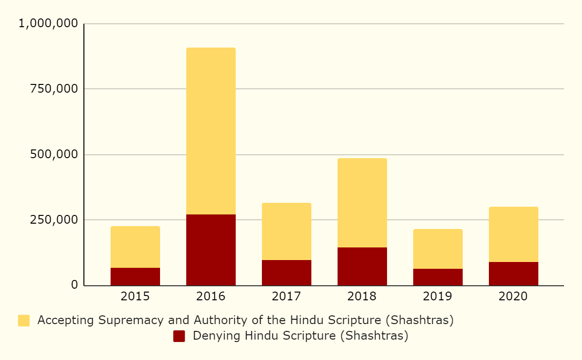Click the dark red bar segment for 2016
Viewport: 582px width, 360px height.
coord(211,250)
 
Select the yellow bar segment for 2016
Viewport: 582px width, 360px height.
coord(211,131)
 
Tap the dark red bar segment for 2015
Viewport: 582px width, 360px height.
coord(135,277)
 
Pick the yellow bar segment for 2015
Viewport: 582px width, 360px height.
coord(135,247)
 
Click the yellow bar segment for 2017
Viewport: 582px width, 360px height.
coord(287,231)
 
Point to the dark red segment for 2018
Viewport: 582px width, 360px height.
coord(362,266)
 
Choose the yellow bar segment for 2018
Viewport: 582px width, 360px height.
coord(362,203)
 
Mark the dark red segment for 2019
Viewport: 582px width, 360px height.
coord(438,277)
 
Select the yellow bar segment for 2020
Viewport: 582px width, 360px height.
coord(514,234)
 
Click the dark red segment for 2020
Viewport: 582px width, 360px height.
coord(514,274)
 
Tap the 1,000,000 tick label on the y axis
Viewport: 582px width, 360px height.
coord(48,23)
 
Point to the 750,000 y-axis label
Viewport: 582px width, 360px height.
coord(54,89)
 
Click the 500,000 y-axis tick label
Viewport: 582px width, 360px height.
coord(54,154)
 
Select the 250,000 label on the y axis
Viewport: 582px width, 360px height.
coord(54,220)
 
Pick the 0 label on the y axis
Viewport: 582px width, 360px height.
coord(74,285)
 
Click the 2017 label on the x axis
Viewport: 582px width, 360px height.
coord(287,296)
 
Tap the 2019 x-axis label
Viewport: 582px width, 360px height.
coord(438,296)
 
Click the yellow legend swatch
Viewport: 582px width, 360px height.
coord(24,321)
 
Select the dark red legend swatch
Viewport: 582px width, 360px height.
coord(179,336)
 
